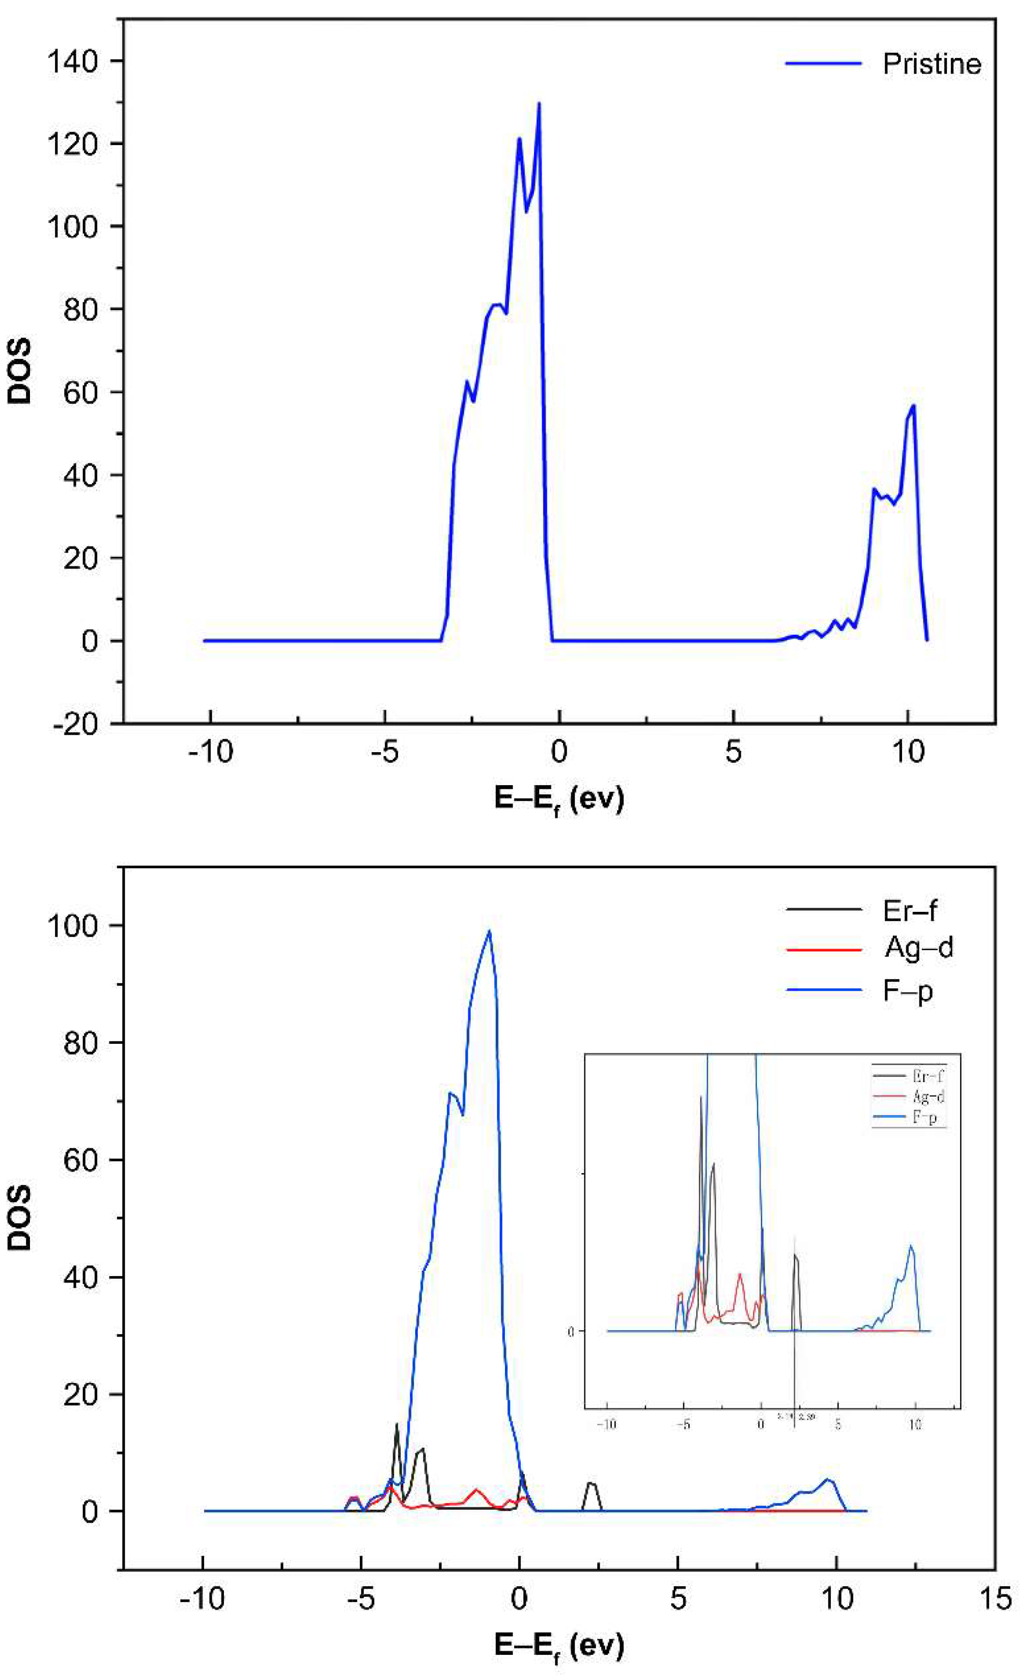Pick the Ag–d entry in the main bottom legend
click(x=918, y=947)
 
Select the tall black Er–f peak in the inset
click(x=701, y=1098)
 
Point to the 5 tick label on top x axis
click(x=733, y=752)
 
